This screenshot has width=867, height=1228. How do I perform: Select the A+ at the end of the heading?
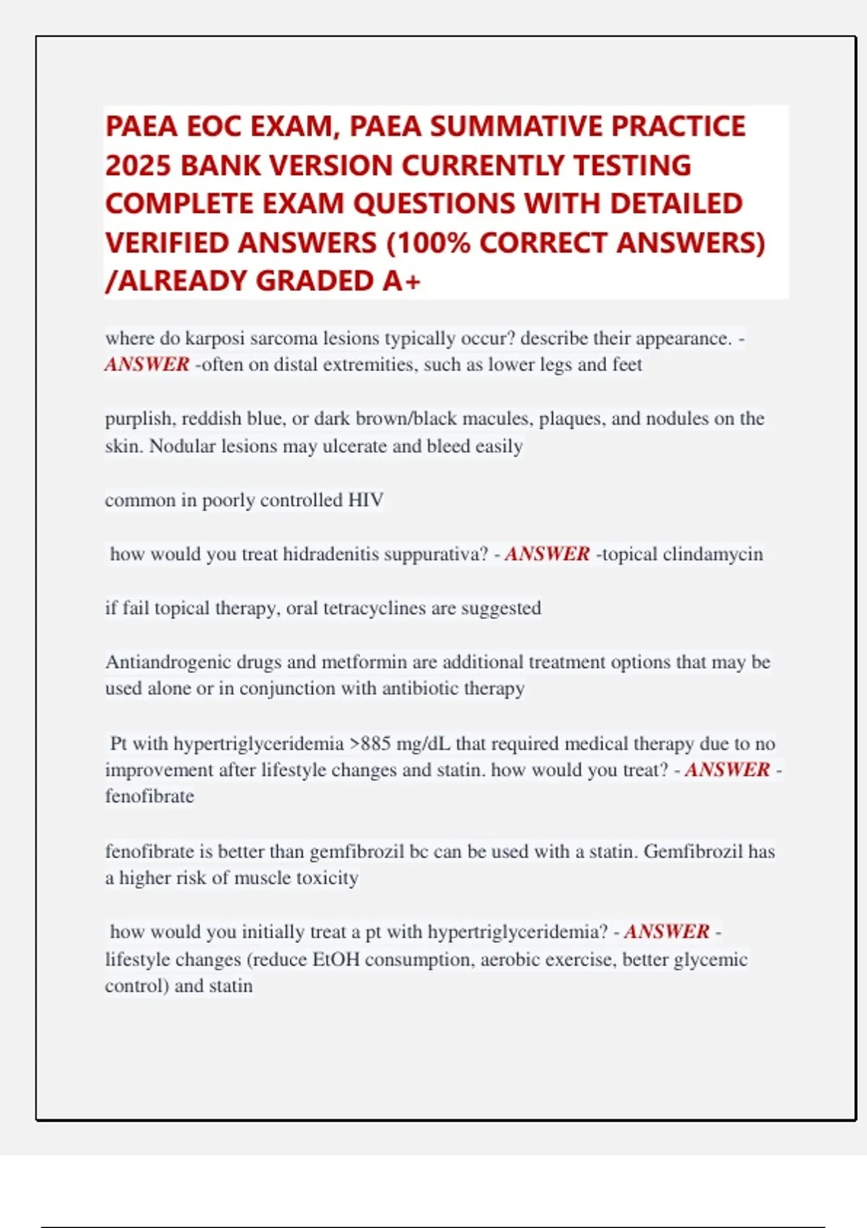[x=402, y=281]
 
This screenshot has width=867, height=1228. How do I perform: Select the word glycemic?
[x=712, y=959]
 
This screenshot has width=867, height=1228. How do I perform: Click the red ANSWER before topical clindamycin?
[x=547, y=554]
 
